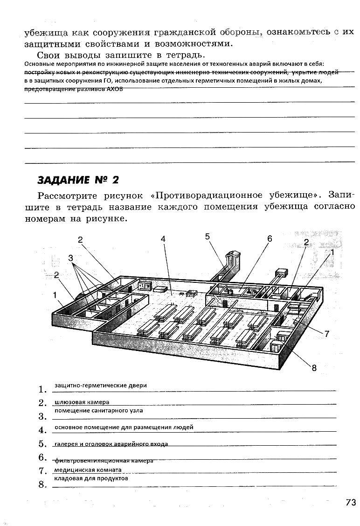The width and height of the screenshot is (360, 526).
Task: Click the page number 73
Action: pyautogui.click(x=351, y=502)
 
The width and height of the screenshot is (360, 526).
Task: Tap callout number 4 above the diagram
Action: pyautogui.click(x=163, y=238)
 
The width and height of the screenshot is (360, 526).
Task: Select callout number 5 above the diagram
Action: pyautogui.click(x=208, y=236)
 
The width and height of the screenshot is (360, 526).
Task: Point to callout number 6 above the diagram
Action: pyautogui.click(x=270, y=238)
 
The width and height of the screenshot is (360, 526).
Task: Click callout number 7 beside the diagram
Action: pyautogui.click(x=327, y=334)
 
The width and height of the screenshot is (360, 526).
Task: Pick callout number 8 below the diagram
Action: pyautogui.click(x=314, y=368)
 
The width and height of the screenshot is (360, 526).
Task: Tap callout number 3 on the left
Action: pyautogui.click(x=70, y=258)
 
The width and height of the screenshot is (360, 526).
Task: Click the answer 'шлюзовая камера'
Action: pyautogui.click(x=82, y=402)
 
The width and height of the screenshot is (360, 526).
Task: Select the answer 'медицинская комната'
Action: pyautogui.click(x=88, y=470)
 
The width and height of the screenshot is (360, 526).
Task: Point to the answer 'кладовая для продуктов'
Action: pyautogui.click(x=91, y=478)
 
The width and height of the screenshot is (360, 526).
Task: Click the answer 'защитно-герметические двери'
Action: pyautogui.click(x=100, y=386)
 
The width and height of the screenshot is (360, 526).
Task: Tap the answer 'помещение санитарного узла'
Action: pyautogui.click(x=98, y=411)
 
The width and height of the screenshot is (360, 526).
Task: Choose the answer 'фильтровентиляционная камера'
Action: pyautogui.click(x=104, y=461)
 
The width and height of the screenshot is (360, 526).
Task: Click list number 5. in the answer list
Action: pyautogui.click(x=43, y=444)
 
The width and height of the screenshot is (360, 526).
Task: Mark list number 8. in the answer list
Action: pyautogui.click(x=43, y=485)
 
